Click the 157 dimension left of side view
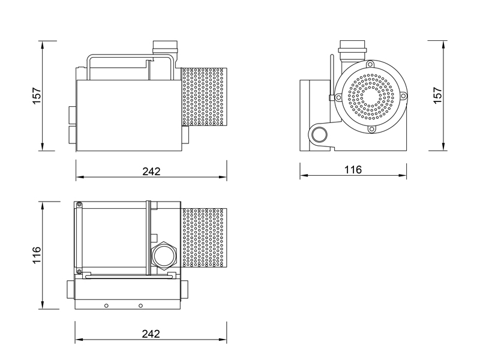tap(37, 95)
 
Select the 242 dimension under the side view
tap(151, 171)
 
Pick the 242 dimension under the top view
tap(151, 334)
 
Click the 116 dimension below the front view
tap(353, 170)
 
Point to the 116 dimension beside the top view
tap(37, 255)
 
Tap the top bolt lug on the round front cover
tap(371, 64)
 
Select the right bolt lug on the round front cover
tap(404, 97)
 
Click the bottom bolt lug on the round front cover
tap(372, 129)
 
